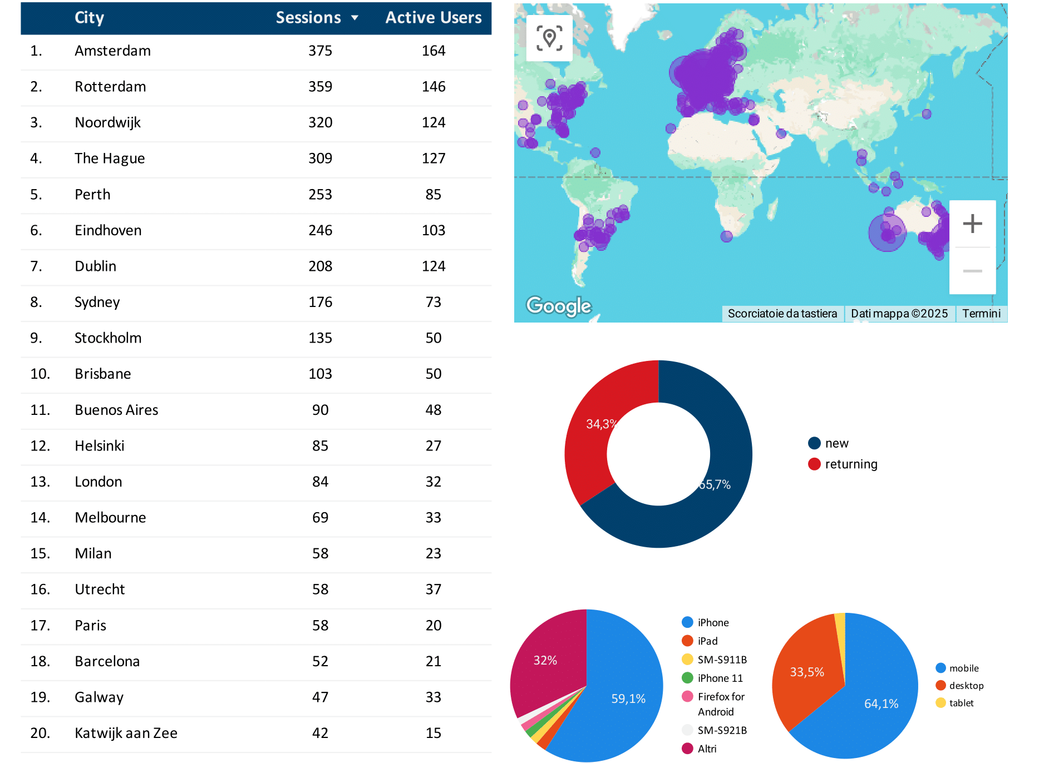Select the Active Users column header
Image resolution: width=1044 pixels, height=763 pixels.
(x=434, y=18)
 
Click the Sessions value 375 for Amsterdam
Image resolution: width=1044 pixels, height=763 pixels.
(x=320, y=51)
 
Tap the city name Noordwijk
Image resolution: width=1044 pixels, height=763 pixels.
(x=107, y=122)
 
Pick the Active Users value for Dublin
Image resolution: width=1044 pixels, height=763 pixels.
(x=434, y=266)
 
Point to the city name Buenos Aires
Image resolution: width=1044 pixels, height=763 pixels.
(x=116, y=410)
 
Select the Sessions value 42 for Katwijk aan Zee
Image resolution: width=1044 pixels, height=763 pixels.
(x=320, y=733)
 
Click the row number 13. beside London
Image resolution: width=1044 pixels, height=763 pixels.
(x=40, y=482)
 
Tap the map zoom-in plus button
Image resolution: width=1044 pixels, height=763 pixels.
(x=972, y=224)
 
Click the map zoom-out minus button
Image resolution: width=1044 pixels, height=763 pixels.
(x=972, y=271)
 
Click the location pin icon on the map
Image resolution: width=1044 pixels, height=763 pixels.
(x=549, y=38)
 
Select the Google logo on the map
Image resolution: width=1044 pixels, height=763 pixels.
(x=559, y=305)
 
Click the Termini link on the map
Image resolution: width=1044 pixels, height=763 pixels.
(x=981, y=314)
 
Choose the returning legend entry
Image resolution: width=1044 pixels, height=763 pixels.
(x=850, y=464)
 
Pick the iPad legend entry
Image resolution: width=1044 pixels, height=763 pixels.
(x=707, y=641)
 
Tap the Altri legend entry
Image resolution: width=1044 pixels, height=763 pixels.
(x=706, y=749)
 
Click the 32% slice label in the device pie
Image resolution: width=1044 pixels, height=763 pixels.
(x=545, y=660)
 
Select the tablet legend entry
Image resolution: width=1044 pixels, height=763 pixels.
(x=961, y=703)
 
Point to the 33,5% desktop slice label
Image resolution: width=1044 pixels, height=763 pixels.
(x=806, y=672)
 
